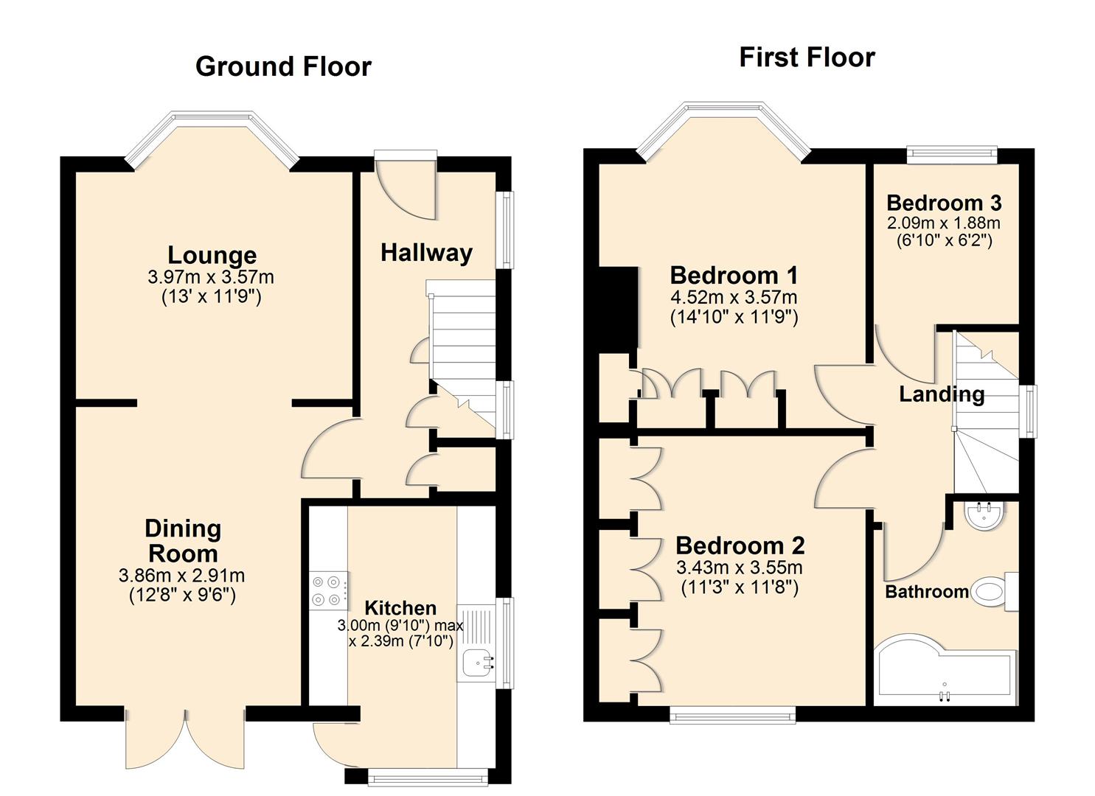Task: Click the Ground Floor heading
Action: pos(283,67)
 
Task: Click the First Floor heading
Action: pos(807,57)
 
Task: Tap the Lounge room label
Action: pos(212,255)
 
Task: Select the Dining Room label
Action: pos(182,541)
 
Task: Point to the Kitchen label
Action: pos(400,608)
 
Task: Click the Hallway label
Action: pos(426,253)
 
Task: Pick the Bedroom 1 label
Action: pos(734,276)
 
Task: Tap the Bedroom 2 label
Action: pos(740,546)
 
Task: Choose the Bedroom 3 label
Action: pos(944,203)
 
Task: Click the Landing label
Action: pos(942,394)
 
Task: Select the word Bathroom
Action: pos(927,592)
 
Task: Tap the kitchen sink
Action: pos(478,663)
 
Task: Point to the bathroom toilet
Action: pos(992,592)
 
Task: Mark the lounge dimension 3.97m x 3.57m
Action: pos(211,278)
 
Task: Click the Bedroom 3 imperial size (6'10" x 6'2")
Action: pos(944,240)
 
